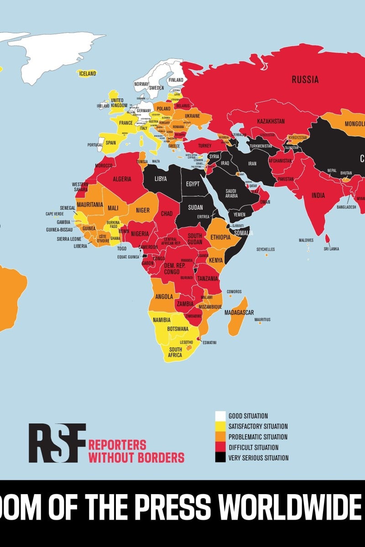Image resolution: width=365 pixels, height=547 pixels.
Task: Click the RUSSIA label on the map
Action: [305, 80]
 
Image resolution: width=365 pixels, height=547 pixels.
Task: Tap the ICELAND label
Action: [87, 73]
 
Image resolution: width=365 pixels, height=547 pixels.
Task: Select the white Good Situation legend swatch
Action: [220, 416]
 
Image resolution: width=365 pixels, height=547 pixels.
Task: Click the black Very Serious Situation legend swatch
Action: [220, 458]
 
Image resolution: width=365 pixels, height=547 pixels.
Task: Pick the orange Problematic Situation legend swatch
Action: [220, 437]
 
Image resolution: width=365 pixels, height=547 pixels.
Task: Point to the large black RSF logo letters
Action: [57, 443]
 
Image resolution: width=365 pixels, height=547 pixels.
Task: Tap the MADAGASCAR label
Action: [239, 313]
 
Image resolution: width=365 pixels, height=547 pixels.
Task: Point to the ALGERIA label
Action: [122, 179]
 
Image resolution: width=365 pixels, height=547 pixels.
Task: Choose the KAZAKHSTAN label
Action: [271, 121]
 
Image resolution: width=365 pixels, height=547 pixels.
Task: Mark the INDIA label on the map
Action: [318, 196]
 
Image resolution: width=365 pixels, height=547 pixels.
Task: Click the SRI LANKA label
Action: [332, 249]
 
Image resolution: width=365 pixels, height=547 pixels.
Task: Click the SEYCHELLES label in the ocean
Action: [266, 249]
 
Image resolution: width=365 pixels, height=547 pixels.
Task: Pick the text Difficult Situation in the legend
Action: [253, 448]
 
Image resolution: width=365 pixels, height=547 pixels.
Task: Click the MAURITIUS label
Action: [262, 320]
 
